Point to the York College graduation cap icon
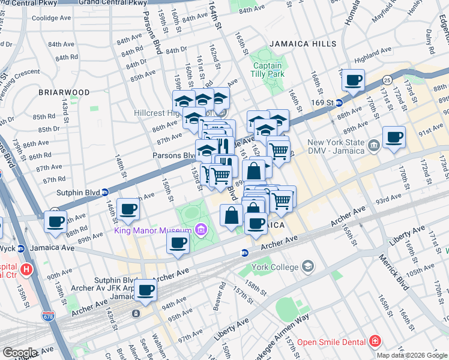coord(308,265)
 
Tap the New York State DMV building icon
coord(373,145)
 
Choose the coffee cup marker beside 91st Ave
coord(394,137)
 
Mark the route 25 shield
coord(387,79)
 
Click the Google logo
coord(20,353)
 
